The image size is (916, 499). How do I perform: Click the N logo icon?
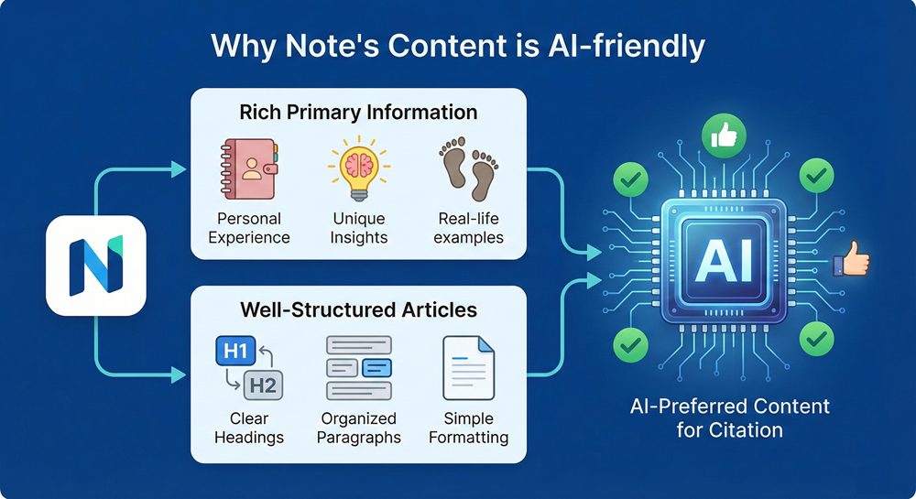[x=96, y=266]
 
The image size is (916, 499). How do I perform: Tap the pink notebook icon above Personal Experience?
[x=249, y=169]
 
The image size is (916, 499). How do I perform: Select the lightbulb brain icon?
[x=359, y=168]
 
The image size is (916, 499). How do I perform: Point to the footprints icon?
[x=468, y=168]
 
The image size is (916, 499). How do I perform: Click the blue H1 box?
[x=236, y=351]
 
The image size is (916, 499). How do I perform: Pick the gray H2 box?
[x=263, y=385]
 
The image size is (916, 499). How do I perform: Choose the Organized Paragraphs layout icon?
[x=359, y=368]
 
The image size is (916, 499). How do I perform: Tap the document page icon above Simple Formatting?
[x=468, y=368]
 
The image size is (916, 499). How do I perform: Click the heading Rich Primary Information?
[x=359, y=112]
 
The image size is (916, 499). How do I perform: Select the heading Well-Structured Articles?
[x=359, y=309]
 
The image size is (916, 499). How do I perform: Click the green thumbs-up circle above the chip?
[x=724, y=136]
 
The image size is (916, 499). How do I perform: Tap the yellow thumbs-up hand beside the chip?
[x=852, y=259]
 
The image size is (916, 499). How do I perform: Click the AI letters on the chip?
[x=724, y=261]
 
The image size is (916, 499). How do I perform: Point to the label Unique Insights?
[x=359, y=228]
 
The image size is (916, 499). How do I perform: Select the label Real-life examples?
[x=468, y=228]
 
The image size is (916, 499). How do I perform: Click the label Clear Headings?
[x=249, y=428]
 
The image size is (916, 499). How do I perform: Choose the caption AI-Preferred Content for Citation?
[x=730, y=418]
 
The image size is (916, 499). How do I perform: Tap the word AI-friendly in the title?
[x=627, y=47]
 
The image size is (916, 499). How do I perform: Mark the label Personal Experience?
[x=249, y=228]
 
